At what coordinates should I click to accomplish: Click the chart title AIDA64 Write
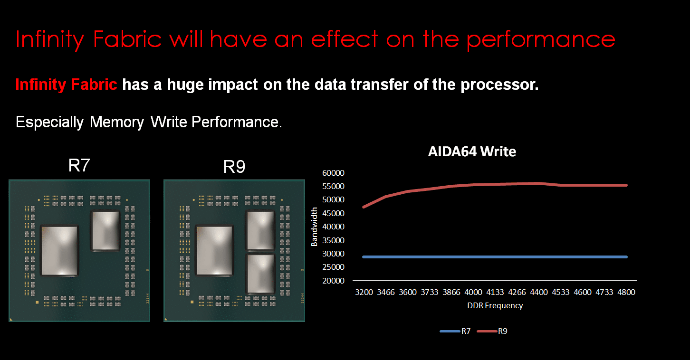click(x=471, y=152)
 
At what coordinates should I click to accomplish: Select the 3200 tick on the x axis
click(x=364, y=292)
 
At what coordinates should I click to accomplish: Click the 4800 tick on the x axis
click(x=626, y=292)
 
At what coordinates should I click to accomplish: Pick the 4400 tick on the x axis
click(x=539, y=292)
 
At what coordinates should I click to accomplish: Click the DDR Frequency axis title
click(x=495, y=305)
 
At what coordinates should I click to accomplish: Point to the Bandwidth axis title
click(x=314, y=227)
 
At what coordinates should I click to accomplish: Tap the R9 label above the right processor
click(x=234, y=167)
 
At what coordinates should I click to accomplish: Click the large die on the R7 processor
click(x=60, y=250)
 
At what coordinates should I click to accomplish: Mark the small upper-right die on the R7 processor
click(x=105, y=230)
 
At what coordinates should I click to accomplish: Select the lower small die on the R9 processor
click(x=260, y=273)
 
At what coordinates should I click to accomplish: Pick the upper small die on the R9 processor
click(x=260, y=230)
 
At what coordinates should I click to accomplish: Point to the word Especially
click(x=49, y=122)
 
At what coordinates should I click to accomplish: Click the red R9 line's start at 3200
click(x=364, y=207)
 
